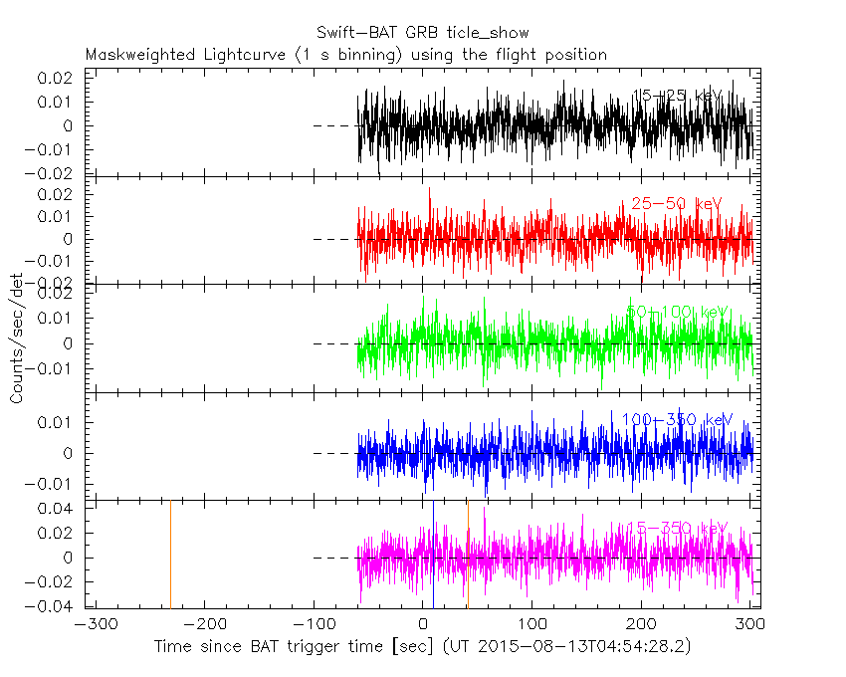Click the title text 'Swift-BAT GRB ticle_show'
[x=423, y=34]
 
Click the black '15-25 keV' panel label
[x=677, y=96]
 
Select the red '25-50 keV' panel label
[x=676, y=204]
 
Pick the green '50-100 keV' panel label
[x=678, y=313]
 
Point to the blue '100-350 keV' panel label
[x=677, y=419]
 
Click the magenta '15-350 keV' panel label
[x=677, y=528]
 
